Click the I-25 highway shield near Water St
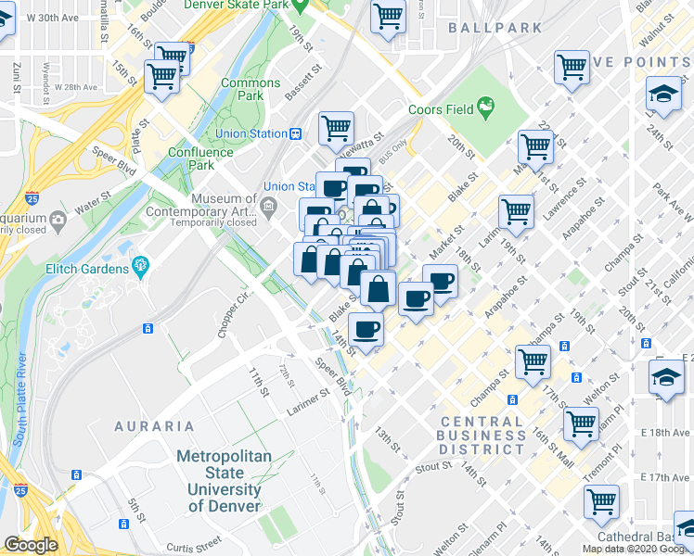[32, 197]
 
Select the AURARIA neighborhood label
[154, 426]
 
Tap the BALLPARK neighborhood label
[495, 28]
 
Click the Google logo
[31, 545]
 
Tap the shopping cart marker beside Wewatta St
[336, 129]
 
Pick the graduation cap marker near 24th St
[663, 95]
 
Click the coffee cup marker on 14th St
[366, 330]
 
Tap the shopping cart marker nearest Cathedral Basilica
[601, 501]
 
